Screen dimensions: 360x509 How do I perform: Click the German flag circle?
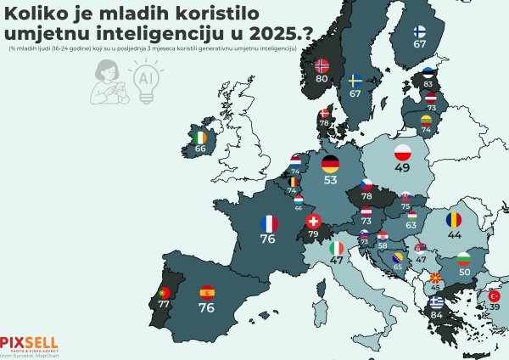tap(330, 163)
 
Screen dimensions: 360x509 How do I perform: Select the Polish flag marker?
tap(403, 153)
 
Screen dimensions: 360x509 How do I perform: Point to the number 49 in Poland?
tap(403, 169)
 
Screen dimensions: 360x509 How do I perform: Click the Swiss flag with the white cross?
tap(312, 220)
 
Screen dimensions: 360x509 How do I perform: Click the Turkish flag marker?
tap(495, 295)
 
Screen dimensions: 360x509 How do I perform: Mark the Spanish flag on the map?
tap(206, 293)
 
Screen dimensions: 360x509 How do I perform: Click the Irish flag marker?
tap(200, 138)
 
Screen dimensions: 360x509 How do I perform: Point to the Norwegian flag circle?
tap(322, 65)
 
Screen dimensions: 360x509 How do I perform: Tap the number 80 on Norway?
tap(322, 78)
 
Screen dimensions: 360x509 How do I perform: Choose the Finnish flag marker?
tap(419, 31)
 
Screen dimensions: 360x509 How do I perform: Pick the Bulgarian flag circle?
tap(464, 257)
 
